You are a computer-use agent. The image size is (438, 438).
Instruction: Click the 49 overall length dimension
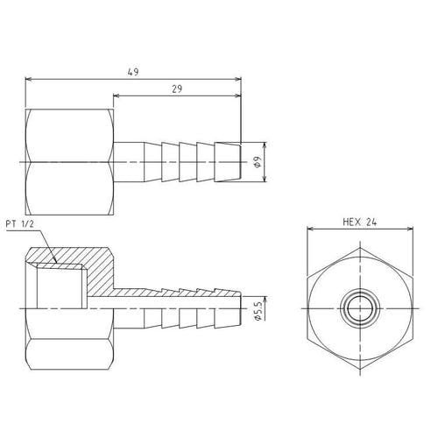133,72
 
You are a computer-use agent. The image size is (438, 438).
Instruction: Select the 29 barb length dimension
177,88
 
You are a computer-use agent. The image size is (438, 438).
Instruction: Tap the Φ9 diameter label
258,162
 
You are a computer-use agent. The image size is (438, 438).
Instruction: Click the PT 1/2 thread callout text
20,224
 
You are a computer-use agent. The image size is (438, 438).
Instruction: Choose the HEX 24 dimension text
360,223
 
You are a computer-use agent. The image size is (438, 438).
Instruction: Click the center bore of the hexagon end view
360,308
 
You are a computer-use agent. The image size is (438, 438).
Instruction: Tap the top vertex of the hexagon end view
360,248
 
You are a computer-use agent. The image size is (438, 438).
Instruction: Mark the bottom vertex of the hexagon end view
360,370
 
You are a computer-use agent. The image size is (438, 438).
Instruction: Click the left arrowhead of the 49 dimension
28,79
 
